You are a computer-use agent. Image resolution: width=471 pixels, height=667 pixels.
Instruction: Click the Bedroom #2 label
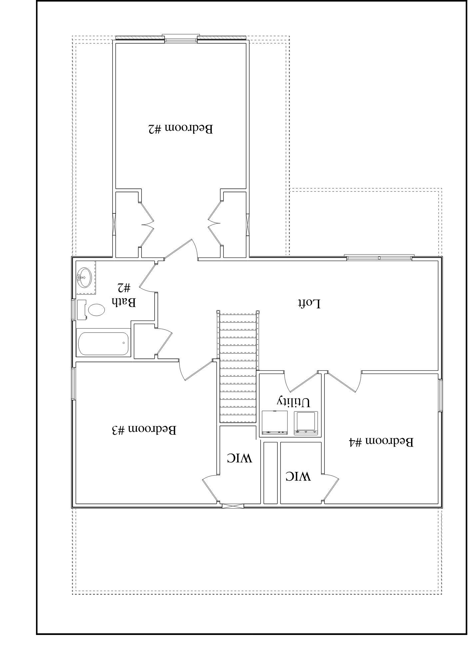[x=180, y=129]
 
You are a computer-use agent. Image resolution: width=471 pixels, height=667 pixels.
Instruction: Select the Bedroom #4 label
[x=381, y=442]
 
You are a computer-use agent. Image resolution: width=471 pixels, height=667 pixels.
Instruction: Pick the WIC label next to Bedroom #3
[x=239, y=458]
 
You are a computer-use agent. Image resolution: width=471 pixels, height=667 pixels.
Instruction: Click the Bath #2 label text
[x=123, y=295]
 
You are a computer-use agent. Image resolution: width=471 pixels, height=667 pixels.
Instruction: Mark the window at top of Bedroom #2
[x=181, y=38]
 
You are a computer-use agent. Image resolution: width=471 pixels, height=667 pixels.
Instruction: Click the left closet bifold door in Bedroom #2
[x=147, y=223]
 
